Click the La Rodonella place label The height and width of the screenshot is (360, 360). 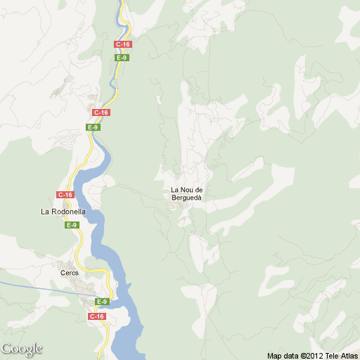click(63, 211)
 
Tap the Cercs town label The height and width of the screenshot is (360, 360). click(70, 273)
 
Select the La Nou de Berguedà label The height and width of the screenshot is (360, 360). click(186, 194)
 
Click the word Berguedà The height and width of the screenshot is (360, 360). click(186, 198)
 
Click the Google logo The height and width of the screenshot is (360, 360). click(22, 349)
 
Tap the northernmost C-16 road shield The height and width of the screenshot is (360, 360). click(123, 44)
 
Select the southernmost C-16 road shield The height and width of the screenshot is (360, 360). click(97, 316)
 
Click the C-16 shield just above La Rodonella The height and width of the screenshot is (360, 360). click(65, 195)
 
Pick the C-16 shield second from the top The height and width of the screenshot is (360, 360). click(101, 112)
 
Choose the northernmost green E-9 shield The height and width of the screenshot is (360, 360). click(122, 58)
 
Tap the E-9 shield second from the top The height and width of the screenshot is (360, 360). click(93, 127)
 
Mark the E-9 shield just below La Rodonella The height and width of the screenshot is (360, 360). click(72, 225)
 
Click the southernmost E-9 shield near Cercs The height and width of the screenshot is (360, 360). click(102, 302)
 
